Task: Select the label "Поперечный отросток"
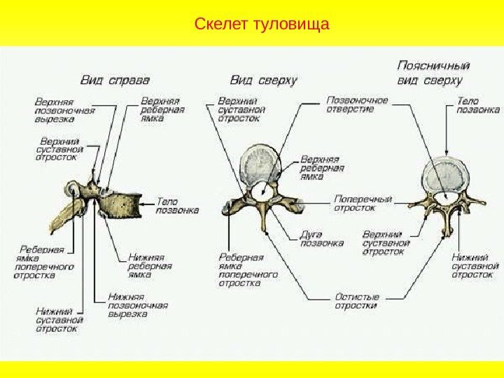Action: pyautogui.click(x=362, y=202)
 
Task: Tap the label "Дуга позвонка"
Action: pyautogui.click(x=321, y=239)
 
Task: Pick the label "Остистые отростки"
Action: pyautogui.click(x=356, y=300)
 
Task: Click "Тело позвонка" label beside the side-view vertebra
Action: pyautogui.click(x=176, y=204)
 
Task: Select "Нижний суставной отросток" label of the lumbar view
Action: pyautogui.click(x=475, y=265)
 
